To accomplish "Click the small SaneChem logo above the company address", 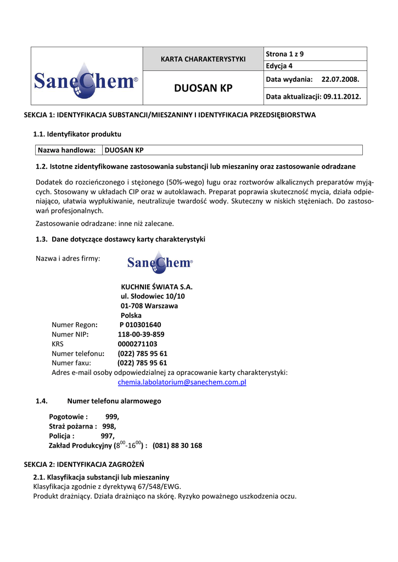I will pos(160,262).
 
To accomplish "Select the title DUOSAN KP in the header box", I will pos(203,88).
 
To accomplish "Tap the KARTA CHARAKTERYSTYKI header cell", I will pos(203,59).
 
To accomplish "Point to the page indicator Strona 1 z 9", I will pos(284,54).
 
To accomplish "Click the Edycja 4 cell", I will pos(279,66).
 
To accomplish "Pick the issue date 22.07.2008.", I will pos(340,80).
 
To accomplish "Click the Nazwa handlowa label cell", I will pos(67,150).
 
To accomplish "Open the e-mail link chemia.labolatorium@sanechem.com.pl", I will pos(182,382).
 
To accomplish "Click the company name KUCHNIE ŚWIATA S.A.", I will pos(156,286).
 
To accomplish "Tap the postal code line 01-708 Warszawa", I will pos(149,306).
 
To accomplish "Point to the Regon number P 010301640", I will pos(140,324).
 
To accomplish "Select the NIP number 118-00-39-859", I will pos(141,334).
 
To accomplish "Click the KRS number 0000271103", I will pos(137,344).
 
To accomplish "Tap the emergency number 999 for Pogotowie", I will pos(112,417).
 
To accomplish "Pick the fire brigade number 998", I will pos(109,426).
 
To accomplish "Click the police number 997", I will pos(108,436).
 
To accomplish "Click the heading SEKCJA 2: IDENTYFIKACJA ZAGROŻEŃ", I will pos(83,464).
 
